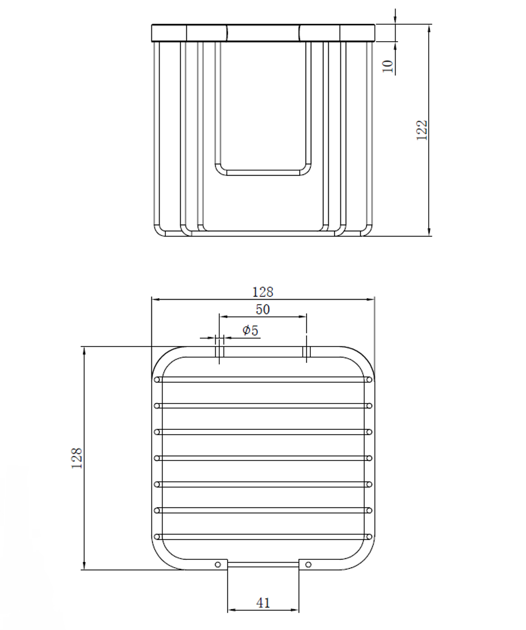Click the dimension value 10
[x=388, y=66]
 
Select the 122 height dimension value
[x=422, y=130]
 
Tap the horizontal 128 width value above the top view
[x=263, y=292]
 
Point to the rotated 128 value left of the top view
[x=77, y=458]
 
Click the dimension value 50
[x=263, y=309]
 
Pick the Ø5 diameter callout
[x=250, y=331]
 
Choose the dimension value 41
[x=263, y=603]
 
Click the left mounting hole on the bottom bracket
[x=218, y=565]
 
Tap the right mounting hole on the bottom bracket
[x=308, y=565]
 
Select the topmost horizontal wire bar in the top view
[x=263, y=379]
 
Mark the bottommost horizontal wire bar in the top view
[x=263, y=537]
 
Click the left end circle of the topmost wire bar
[x=157, y=380]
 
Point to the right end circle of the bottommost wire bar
[x=370, y=537]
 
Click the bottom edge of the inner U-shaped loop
[x=263, y=173]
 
